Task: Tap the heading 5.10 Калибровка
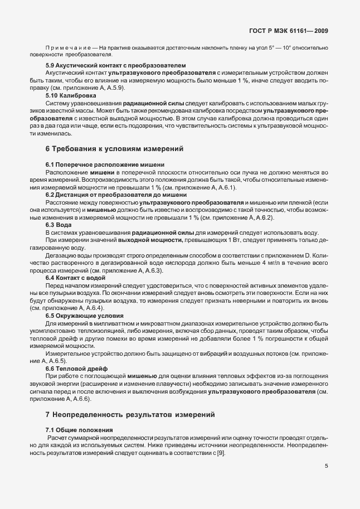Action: pyautogui.click(x=71, y=95)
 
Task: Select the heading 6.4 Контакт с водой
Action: pyautogui.click(x=75, y=277)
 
